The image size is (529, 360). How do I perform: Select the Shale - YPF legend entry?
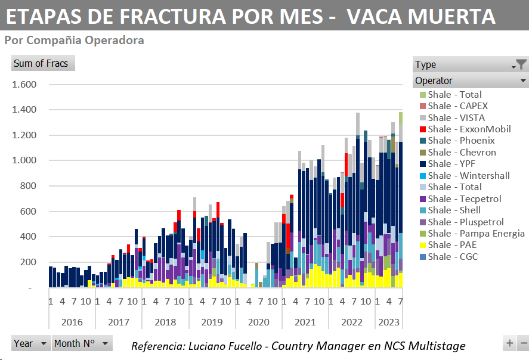(459, 163)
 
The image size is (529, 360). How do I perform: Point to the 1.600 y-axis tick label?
(24, 85)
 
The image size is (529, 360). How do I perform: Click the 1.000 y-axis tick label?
(24, 161)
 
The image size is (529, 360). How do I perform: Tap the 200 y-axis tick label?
(29, 262)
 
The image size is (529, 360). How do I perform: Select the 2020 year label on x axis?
(259, 322)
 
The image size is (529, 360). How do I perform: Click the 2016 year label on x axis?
(72, 322)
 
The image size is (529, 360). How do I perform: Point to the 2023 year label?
(389, 322)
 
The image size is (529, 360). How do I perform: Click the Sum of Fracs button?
(42, 63)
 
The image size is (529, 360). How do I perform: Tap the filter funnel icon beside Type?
(521, 64)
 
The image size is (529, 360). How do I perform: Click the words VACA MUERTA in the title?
(421, 17)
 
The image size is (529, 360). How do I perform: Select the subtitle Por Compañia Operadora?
(74, 41)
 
